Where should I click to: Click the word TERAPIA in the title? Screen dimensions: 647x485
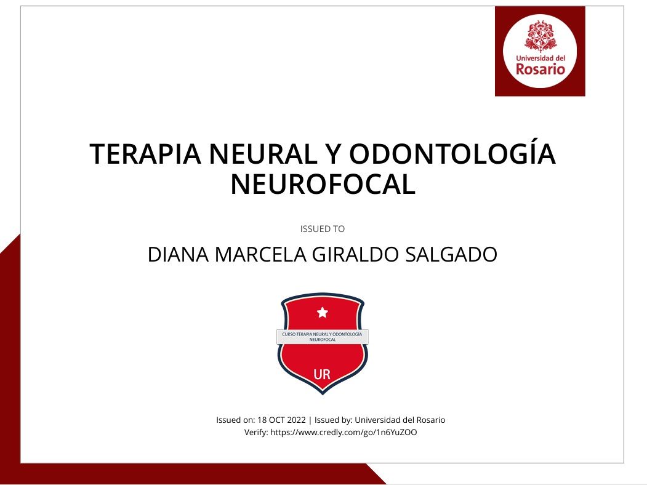click(x=145, y=153)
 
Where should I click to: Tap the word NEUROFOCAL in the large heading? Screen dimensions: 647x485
click(x=323, y=185)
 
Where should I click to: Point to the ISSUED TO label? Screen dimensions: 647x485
click(x=322, y=229)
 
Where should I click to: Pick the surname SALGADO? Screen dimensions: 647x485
click(x=451, y=254)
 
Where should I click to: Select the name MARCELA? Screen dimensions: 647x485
click(x=260, y=254)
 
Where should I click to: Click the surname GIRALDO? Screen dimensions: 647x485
click(x=355, y=254)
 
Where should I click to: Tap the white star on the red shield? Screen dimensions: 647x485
click(x=322, y=312)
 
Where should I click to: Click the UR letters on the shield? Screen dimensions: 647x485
click(x=322, y=374)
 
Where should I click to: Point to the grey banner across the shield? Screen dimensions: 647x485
click(x=322, y=337)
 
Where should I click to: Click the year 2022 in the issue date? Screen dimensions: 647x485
click(x=296, y=420)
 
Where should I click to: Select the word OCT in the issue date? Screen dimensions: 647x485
click(x=277, y=420)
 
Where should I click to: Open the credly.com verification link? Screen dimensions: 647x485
click(x=344, y=432)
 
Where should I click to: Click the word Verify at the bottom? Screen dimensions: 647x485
click(x=256, y=432)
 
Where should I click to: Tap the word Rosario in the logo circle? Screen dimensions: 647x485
click(x=540, y=69)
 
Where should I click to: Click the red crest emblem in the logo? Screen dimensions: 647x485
click(x=540, y=36)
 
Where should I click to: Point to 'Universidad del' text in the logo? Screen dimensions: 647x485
click(x=541, y=58)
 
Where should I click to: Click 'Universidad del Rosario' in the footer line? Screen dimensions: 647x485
click(x=400, y=420)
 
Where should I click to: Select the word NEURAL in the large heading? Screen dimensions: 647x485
click(x=262, y=153)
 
